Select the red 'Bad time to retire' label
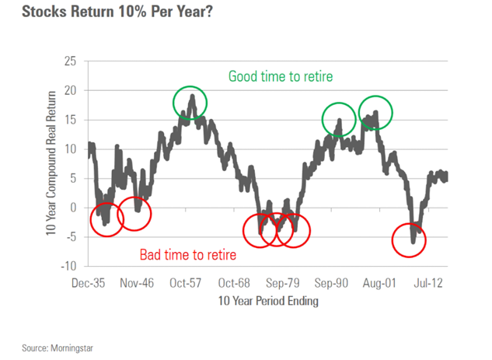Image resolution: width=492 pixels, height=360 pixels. point(188,254)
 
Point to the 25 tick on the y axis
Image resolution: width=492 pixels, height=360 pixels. point(72,61)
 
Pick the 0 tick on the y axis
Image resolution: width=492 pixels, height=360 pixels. point(75,208)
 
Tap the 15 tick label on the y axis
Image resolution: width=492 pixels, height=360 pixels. point(72,121)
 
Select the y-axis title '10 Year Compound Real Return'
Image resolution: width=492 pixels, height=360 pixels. point(51,162)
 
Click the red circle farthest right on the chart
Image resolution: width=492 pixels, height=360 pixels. point(410,240)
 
